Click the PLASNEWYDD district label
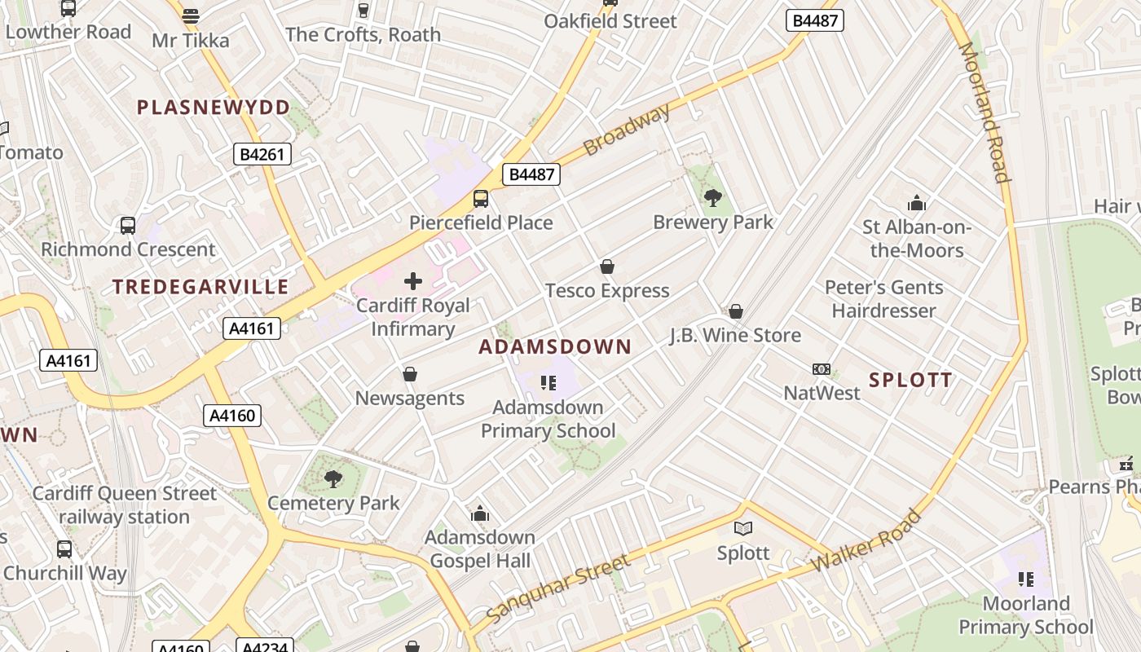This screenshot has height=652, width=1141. [x=213, y=108]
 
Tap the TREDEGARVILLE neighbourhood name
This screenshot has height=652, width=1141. [x=200, y=287]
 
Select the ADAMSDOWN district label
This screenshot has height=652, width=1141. [x=555, y=347]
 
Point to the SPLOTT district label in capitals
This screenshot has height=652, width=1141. [x=910, y=380]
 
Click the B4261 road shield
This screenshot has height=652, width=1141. [x=262, y=154]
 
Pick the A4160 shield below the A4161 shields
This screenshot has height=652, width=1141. [x=232, y=416]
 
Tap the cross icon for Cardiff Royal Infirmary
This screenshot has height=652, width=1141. [x=413, y=282]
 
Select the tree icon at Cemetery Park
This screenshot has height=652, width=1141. [x=333, y=479]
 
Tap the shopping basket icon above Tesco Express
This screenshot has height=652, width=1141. [x=606, y=267]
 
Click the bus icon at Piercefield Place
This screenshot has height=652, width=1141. [x=481, y=199]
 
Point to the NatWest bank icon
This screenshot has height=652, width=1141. [x=822, y=370]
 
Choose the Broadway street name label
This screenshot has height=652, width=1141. [x=627, y=130]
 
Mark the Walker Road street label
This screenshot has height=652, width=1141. [x=866, y=542]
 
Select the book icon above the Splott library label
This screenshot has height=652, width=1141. [x=742, y=529]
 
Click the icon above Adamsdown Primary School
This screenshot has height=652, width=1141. [x=548, y=382]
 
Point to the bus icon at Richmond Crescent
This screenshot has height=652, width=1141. [x=128, y=226]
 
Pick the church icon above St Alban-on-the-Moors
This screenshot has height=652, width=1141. [x=917, y=203]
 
